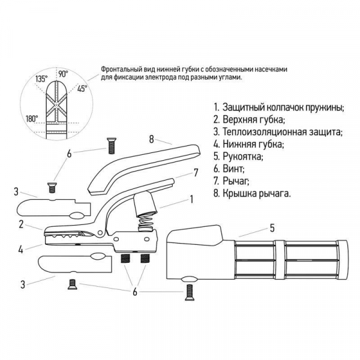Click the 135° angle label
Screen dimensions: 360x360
pyautogui.click(x=41, y=79)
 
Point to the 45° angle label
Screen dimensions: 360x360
pyautogui.click(x=82, y=88)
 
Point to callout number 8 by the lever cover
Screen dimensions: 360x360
pyautogui.click(x=152, y=139)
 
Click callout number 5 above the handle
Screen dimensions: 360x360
pyautogui.click(x=271, y=227)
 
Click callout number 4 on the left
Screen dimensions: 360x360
pyautogui.click(x=21, y=248)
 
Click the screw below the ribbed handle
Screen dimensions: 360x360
pyautogui.click(x=190, y=291)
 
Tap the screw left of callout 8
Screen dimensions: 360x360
pyautogui.click(x=111, y=145)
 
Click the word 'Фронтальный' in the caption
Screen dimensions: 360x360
pyautogui.click(x=122, y=70)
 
